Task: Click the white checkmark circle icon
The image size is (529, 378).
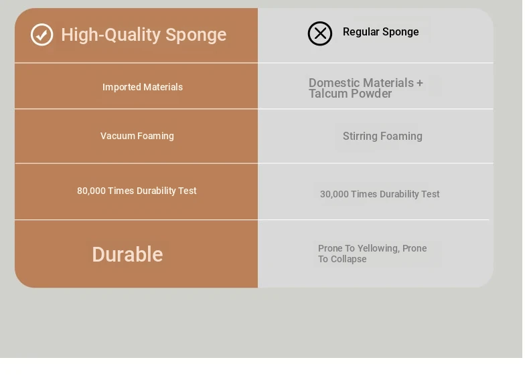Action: point(42,34)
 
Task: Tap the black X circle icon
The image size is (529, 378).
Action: point(320,33)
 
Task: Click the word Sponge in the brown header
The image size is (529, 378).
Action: point(196,35)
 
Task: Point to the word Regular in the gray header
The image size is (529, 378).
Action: point(361,31)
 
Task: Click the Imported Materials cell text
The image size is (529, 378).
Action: point(143,87)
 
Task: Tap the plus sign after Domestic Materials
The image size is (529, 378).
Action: point(420,83)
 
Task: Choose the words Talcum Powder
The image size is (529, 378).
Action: point(350,94)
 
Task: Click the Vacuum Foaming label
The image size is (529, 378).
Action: point(137,136)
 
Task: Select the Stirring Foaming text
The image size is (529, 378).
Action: point(382,136)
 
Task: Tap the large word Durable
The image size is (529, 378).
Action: point(127,254)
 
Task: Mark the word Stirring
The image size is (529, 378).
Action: point(360,136)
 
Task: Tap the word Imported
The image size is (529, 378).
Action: point(122,88)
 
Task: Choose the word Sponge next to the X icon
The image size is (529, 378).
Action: point(400,32)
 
